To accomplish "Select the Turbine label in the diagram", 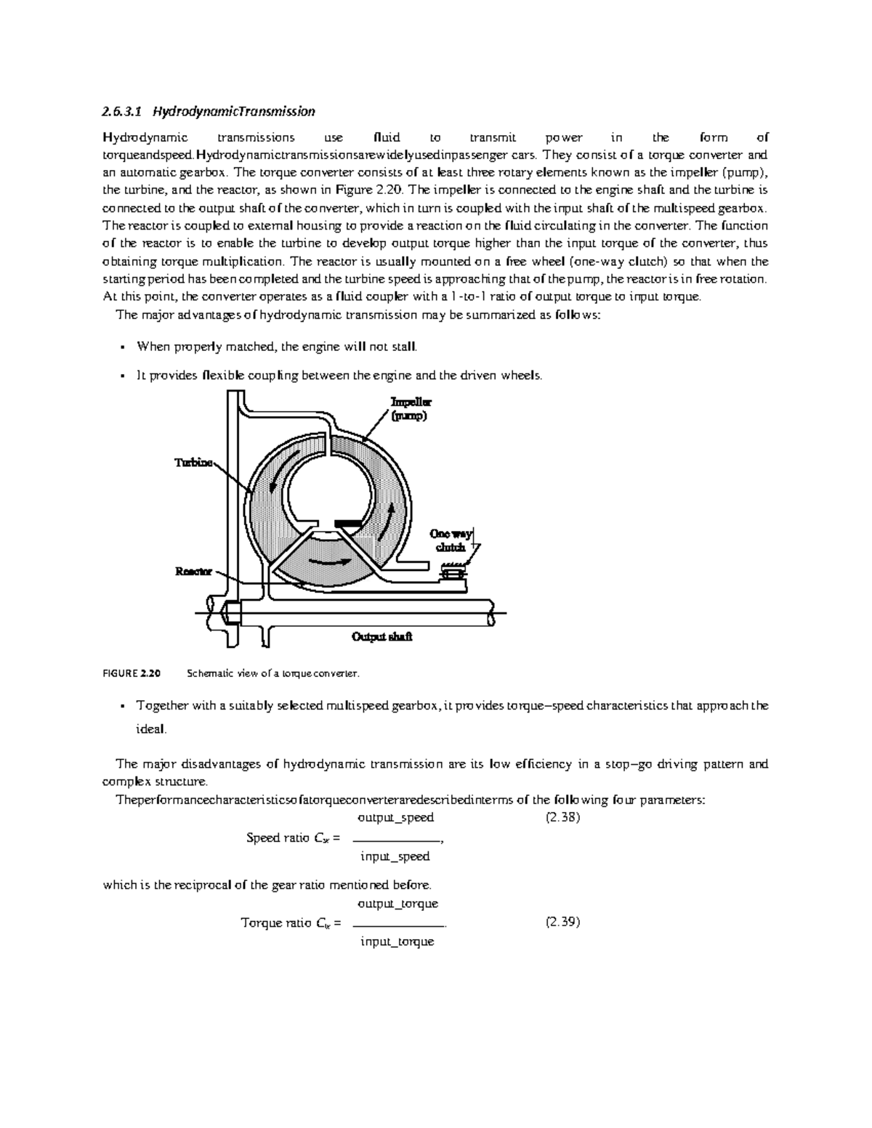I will coord(193,463).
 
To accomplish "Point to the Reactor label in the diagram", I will coord(194,571).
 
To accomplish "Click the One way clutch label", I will coord(453,540).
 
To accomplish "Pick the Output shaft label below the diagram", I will coord(381,637).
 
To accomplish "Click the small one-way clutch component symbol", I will coord(453,574).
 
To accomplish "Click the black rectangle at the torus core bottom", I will coord(348,522).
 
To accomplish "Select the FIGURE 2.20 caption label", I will coord(131,673).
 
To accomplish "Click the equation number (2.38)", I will coord(562,817).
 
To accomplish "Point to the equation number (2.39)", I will coord(562,922).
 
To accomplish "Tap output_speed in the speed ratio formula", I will coord(396,818).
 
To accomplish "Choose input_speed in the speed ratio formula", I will coord(395,856).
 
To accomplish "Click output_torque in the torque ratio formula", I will coord(397,904).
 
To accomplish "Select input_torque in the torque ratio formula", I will coord(397,942).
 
